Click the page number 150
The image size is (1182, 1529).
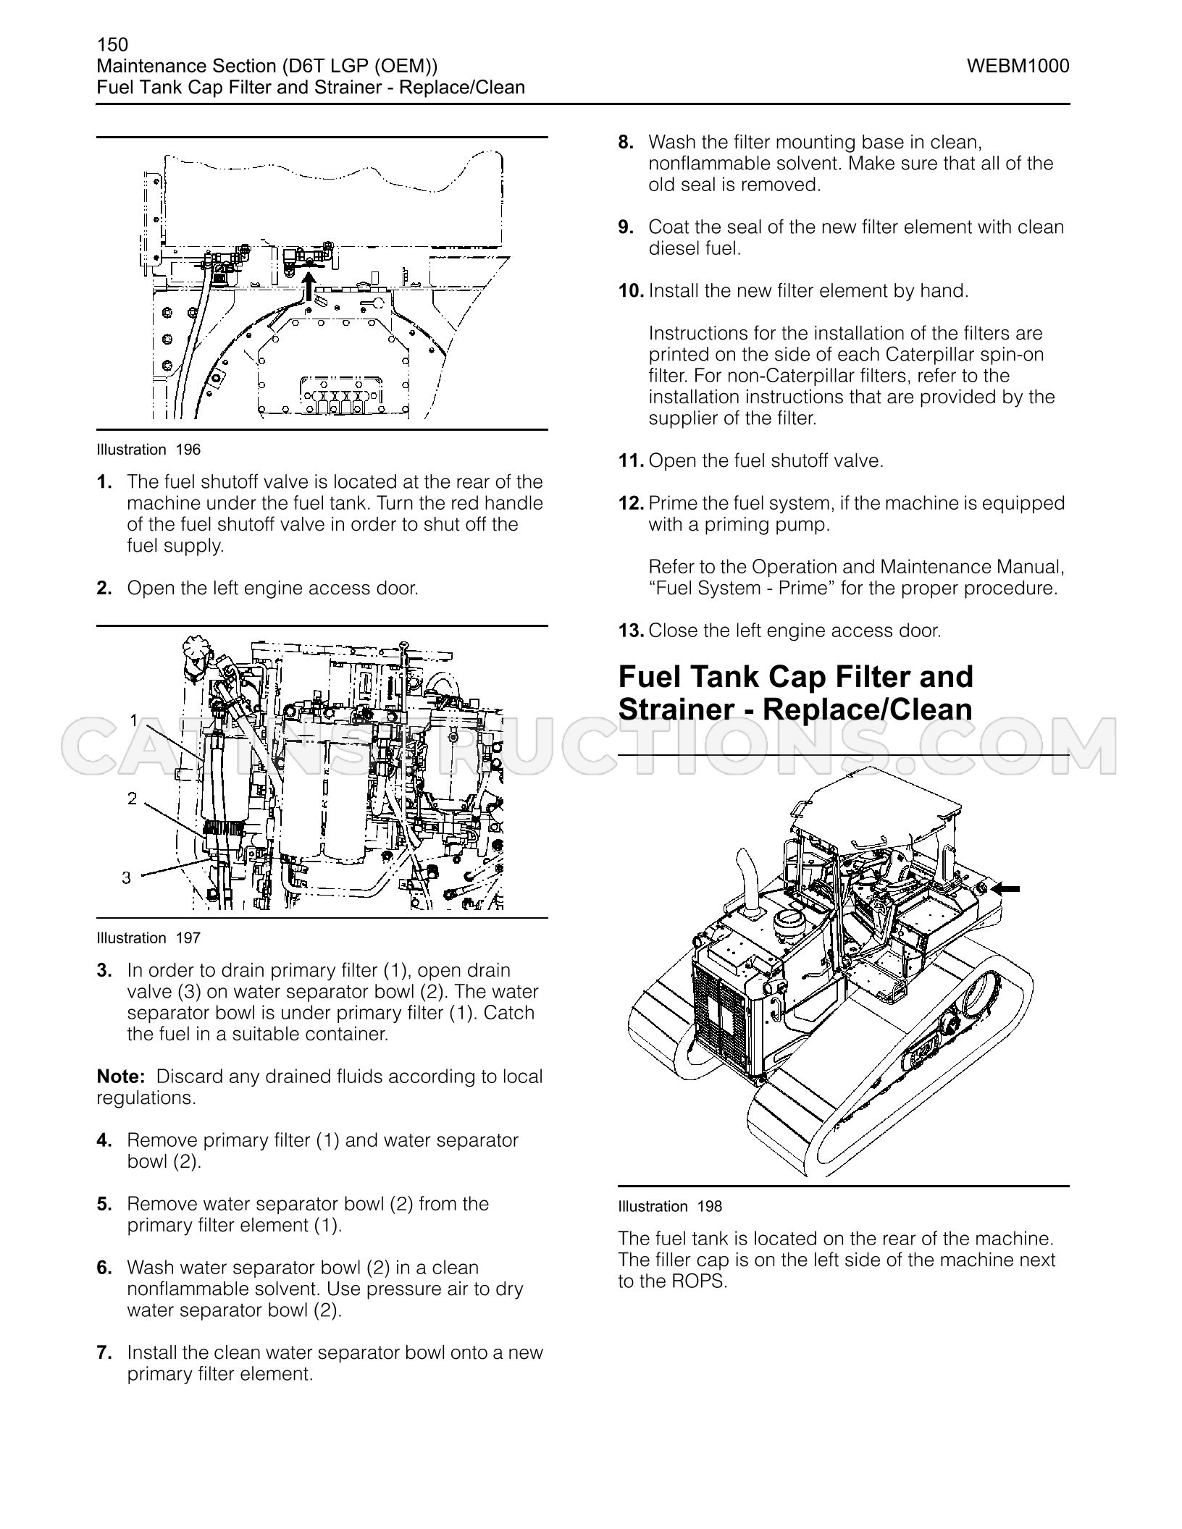click(x=112, y=45)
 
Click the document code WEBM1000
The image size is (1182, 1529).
click(x=1018, y=67)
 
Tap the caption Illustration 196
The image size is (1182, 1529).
click(x=148, y=450)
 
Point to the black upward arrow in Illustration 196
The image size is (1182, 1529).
click(x=309, y=285)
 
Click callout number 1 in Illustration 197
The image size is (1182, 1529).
click(x=134, y=720)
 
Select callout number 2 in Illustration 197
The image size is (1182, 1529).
click(x=132, y=799)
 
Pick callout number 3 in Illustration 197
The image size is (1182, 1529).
click(x=127, y=878)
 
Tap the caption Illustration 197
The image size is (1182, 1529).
click(x=148, y=938)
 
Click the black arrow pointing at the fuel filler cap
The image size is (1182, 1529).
click(x=1007, y=888)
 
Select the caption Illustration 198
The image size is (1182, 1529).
click(x=670, y=1206)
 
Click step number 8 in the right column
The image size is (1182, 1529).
click(x=626, y=143)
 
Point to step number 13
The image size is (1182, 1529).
click(x=631, y=631)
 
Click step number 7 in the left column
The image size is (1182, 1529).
click(x=104, y=1353)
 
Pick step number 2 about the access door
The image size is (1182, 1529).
click(x=104, y=588)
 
